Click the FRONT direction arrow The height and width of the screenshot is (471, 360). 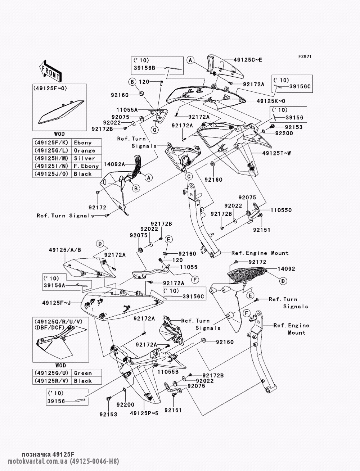pos(50,71)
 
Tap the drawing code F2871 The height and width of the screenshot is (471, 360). pos(305,56)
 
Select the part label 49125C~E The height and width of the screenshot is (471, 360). pos(248,60)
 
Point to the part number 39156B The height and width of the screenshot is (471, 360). pos(144,68)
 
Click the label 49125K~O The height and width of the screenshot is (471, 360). pos(271,101)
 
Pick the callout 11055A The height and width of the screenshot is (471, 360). pos(127,110)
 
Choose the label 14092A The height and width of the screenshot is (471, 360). pos(114,164)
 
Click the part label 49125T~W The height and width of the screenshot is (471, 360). pos(276,153)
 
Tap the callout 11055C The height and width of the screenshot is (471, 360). pos(281,210)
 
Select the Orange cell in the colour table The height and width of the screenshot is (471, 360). pos(85,150)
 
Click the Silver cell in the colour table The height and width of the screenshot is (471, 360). pos(85,158)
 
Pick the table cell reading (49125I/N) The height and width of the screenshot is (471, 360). pos(52,166)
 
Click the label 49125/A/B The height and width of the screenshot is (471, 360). pos(65,250)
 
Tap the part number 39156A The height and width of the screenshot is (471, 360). pos(54,285)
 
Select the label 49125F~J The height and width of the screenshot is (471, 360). pos(57,303)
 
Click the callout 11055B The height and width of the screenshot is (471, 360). pos(168,372)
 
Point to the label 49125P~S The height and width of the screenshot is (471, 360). pos(144,413)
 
